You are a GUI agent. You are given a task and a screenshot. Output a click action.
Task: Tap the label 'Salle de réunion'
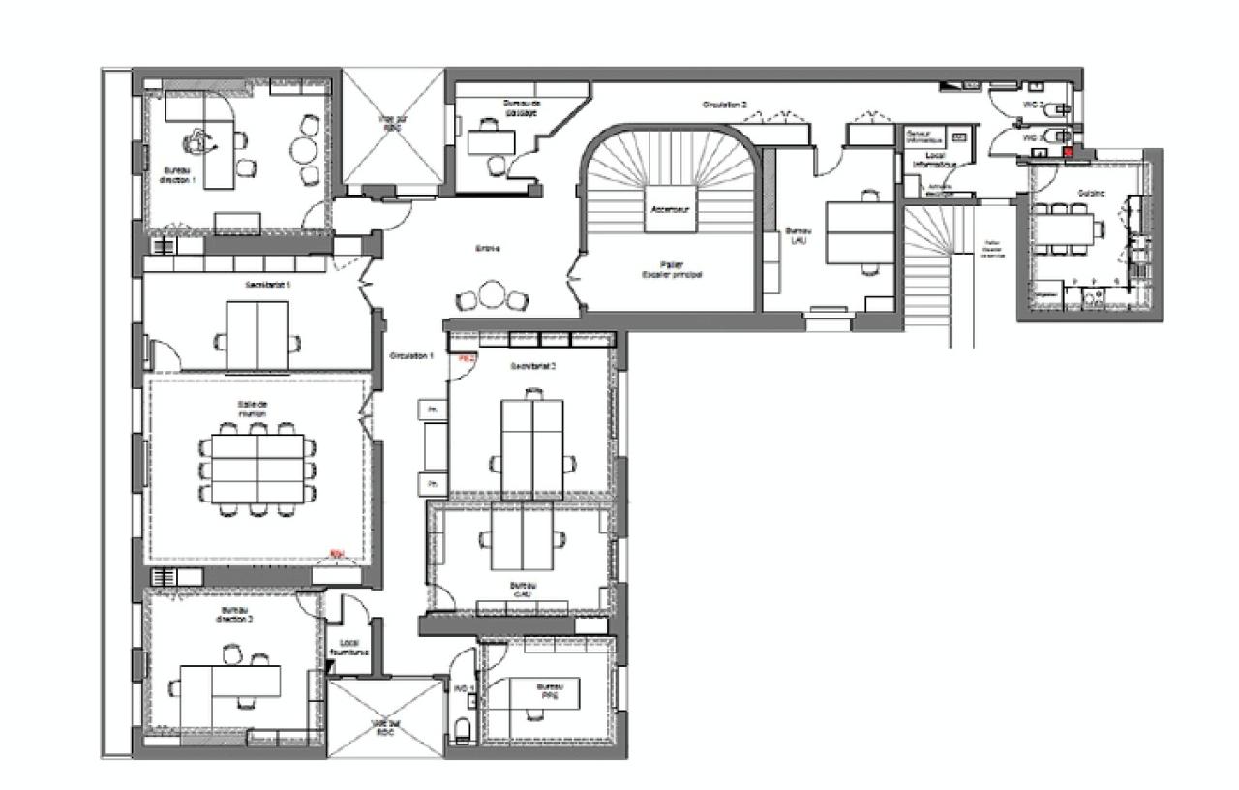252,409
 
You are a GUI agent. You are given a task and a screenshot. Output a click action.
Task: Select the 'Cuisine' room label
1091,194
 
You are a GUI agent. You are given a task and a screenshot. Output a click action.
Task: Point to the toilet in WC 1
463,729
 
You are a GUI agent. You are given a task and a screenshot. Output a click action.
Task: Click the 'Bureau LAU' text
797,235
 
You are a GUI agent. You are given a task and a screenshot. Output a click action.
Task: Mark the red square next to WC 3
1069,152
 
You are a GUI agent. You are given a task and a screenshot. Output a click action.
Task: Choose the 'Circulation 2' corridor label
724,104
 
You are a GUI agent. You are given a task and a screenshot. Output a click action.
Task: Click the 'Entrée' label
487,249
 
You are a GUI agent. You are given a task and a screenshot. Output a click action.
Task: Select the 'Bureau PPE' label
550,691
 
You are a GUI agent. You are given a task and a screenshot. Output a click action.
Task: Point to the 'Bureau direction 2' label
236,614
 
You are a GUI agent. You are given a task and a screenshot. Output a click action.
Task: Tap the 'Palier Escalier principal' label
671,269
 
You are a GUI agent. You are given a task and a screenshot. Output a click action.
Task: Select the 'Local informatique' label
934,161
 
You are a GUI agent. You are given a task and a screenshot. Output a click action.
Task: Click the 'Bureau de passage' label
522,106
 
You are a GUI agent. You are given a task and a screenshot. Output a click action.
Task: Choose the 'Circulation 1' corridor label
411,356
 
